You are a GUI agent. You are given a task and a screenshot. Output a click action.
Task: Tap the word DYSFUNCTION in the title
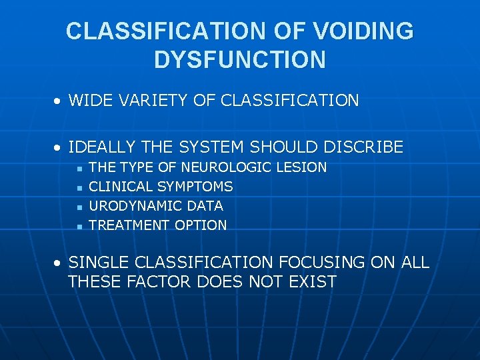pyautogui.click(x=240, y=59)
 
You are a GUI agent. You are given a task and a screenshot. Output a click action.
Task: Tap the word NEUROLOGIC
pyautogui.click(x=227, y=167)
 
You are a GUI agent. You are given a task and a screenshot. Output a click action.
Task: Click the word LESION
pyautogui.click(x=301, y=167)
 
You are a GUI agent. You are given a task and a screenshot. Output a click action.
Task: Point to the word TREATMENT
pyautogui.click(x=129, y=225)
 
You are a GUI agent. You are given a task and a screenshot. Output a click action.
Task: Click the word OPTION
pyautogui.click(x=201, y=225)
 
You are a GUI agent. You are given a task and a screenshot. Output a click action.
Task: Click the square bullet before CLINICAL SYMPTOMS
pyautogui.click(x=79, y=188)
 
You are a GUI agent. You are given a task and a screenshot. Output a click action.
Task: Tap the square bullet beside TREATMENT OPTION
pyautogui.click(x=79, y=227)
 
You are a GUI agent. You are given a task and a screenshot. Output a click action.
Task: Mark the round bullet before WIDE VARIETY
pyautogui.click(x=59, y=102)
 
